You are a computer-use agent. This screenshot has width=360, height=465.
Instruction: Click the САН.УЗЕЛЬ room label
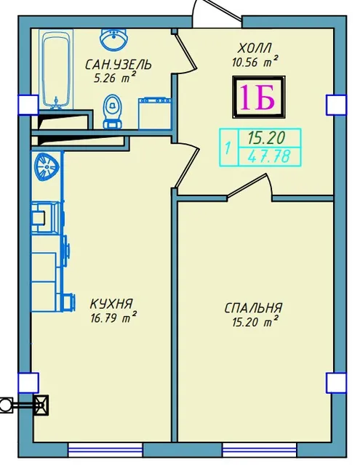click(x=118, y=65)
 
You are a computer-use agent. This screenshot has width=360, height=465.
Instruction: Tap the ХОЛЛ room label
click(x=255, y=48)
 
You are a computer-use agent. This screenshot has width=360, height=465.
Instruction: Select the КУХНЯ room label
click(x=111, y=304)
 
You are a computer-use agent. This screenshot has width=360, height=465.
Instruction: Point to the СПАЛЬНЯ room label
click(x=253, y=308)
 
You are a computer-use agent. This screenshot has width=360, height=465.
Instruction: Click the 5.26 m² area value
click(x=115, y=78)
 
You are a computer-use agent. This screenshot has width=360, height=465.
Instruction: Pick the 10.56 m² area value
click(x=255, y=62)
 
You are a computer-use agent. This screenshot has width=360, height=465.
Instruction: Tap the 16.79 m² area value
click(x=113, y=318)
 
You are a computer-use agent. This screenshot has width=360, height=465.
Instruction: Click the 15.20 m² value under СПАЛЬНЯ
click(x=255, y=322)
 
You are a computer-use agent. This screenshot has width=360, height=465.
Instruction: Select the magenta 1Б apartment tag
click(x=257, y=97)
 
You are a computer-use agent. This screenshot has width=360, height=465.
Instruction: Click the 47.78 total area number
click(x=268, y=156)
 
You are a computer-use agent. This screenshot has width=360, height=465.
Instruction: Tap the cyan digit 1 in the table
click(x=228, y=147)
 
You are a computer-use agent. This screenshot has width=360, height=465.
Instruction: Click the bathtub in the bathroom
click(x=57, y=69)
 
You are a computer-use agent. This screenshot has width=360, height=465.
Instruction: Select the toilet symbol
click(x=113, y=111)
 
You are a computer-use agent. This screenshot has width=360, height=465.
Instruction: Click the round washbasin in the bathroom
click(x=114, y=39)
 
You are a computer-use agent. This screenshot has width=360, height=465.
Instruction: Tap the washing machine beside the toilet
click(x=155, y=114)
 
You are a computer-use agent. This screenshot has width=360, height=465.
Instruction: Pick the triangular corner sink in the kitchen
click(x=47, y=166)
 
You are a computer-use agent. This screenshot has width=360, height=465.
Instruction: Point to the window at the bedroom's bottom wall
click(x=260, y=450)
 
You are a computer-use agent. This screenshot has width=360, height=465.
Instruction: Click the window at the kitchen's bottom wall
click(x=105, y=450)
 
